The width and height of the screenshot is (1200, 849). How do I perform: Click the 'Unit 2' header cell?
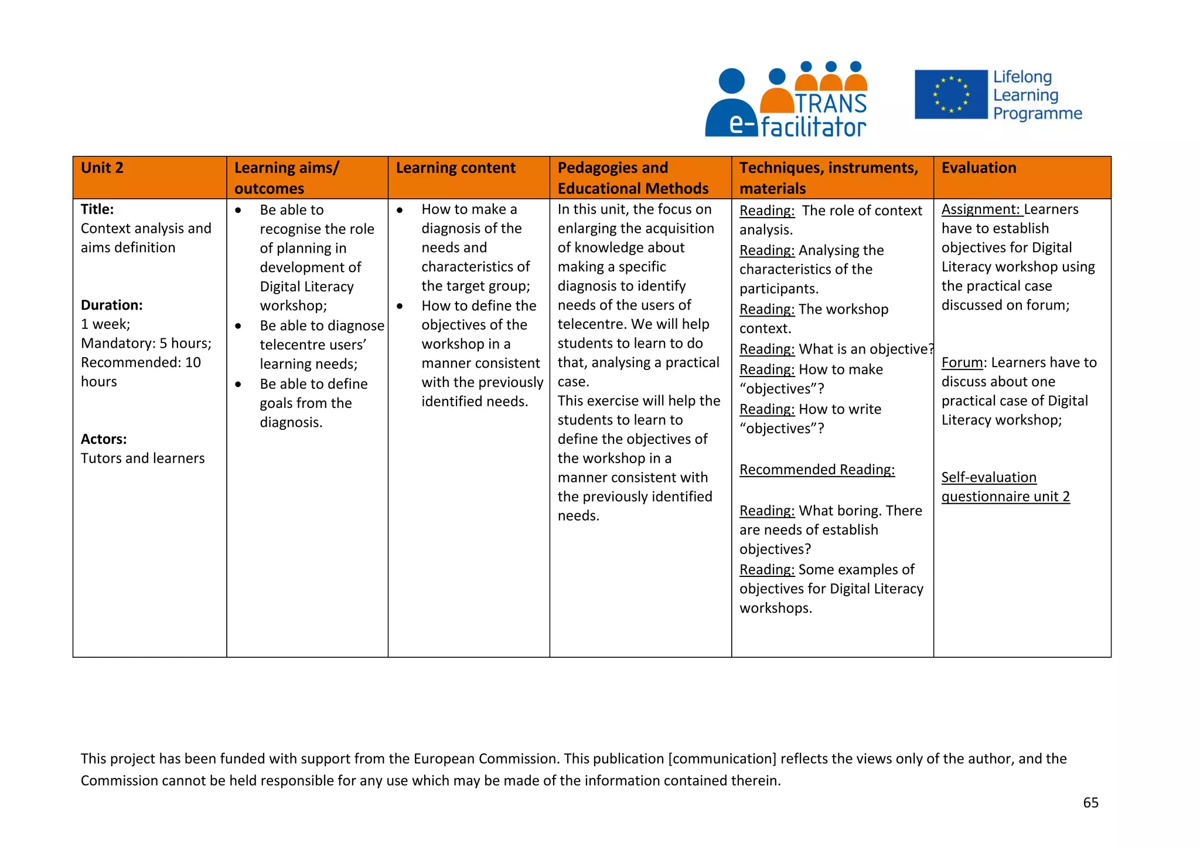tap(102, 168)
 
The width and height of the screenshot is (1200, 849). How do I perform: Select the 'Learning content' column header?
tap(455, 168)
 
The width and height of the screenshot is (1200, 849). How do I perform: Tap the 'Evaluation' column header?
tap(979, 168)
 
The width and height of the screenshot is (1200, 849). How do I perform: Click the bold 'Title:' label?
tap(97, 209)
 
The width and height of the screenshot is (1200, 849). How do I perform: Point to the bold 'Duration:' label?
tap(112, 305)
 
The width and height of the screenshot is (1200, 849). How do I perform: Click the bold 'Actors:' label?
tap(104, 439)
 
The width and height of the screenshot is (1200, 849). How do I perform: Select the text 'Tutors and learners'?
tap(143, 459)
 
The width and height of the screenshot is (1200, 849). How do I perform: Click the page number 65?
tap(1090, 803)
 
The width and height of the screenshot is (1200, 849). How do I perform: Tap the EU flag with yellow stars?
tap(951, 94)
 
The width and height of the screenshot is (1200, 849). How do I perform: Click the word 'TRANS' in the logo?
tap(831, 104)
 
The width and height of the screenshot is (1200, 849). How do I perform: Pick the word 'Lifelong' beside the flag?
tap(1022, 77)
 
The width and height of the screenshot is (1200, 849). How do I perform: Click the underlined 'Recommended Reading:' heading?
tap(817, 470)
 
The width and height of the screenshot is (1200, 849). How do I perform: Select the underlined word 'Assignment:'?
tap(982, 209)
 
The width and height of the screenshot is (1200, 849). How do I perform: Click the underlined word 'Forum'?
tap(962, 362)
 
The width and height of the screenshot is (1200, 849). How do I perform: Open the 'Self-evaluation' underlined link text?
tap(988, 477)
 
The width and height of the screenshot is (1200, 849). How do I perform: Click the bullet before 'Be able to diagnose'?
tap(238, 326)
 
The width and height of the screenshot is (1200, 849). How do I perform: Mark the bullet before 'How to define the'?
tap(400, 306)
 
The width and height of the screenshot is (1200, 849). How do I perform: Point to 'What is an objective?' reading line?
tap(865, 349)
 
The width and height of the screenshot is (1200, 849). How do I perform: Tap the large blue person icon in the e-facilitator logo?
tap(731, 103)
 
